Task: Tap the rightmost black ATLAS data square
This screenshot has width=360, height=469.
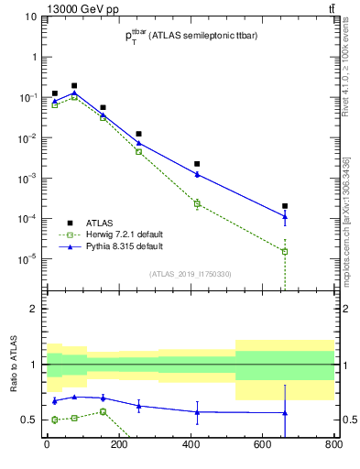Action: [x=285, y=206]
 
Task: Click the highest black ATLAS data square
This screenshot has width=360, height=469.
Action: [x=74, y=86]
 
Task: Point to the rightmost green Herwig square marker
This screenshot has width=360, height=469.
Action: [x=285, y=251]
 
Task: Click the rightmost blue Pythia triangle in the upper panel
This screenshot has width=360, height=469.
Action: [x=285, y=217]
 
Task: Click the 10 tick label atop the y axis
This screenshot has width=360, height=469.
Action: [x=30, y=16]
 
